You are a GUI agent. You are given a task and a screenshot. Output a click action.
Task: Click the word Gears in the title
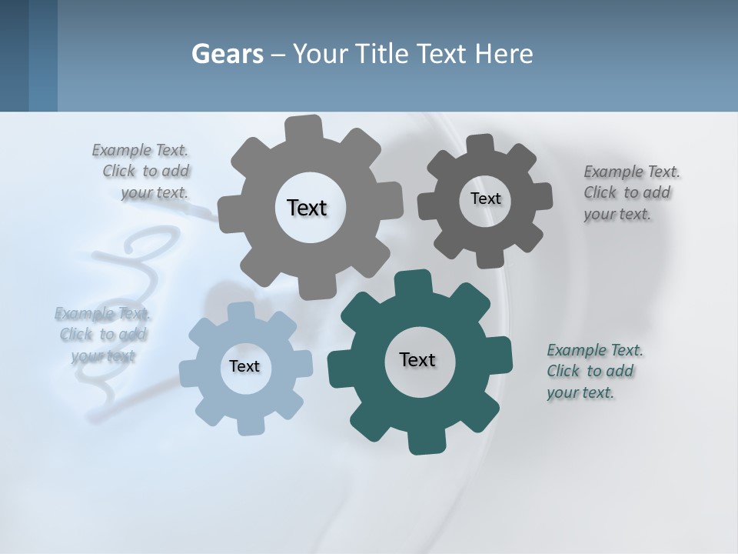(228, 55)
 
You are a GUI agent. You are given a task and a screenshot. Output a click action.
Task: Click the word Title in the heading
(383, 55)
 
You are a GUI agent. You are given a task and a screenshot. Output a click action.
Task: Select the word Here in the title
(504, 55)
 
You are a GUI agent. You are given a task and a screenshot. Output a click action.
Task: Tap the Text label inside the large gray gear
(307, 208)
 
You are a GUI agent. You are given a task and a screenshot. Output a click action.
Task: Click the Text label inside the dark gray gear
(485, 199)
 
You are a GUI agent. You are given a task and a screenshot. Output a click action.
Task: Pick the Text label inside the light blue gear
(244, 366)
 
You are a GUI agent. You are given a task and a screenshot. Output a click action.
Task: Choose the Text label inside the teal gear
(417, 359)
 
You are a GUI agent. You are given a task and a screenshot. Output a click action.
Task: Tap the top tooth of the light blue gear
(241, 312)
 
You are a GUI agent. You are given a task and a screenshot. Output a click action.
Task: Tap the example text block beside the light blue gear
(103, 335)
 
